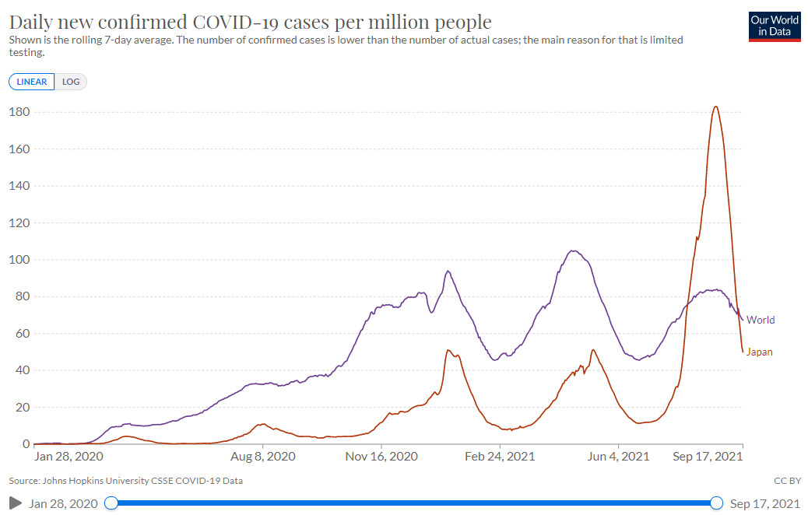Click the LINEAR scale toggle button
tap(32, 82)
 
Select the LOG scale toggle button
tap(71, 82)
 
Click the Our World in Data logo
tap(774, 26)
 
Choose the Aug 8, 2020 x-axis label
tap(263, 457)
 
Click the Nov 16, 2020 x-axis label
tap(382, 457)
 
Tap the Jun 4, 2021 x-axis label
tap(620, 457)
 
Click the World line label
tap(761, 320)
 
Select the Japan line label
tap(760, 352)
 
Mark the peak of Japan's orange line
tap(715, 107)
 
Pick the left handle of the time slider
tap(111, 503)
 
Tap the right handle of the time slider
tap(716, 503)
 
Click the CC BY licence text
tap(787, 481)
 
